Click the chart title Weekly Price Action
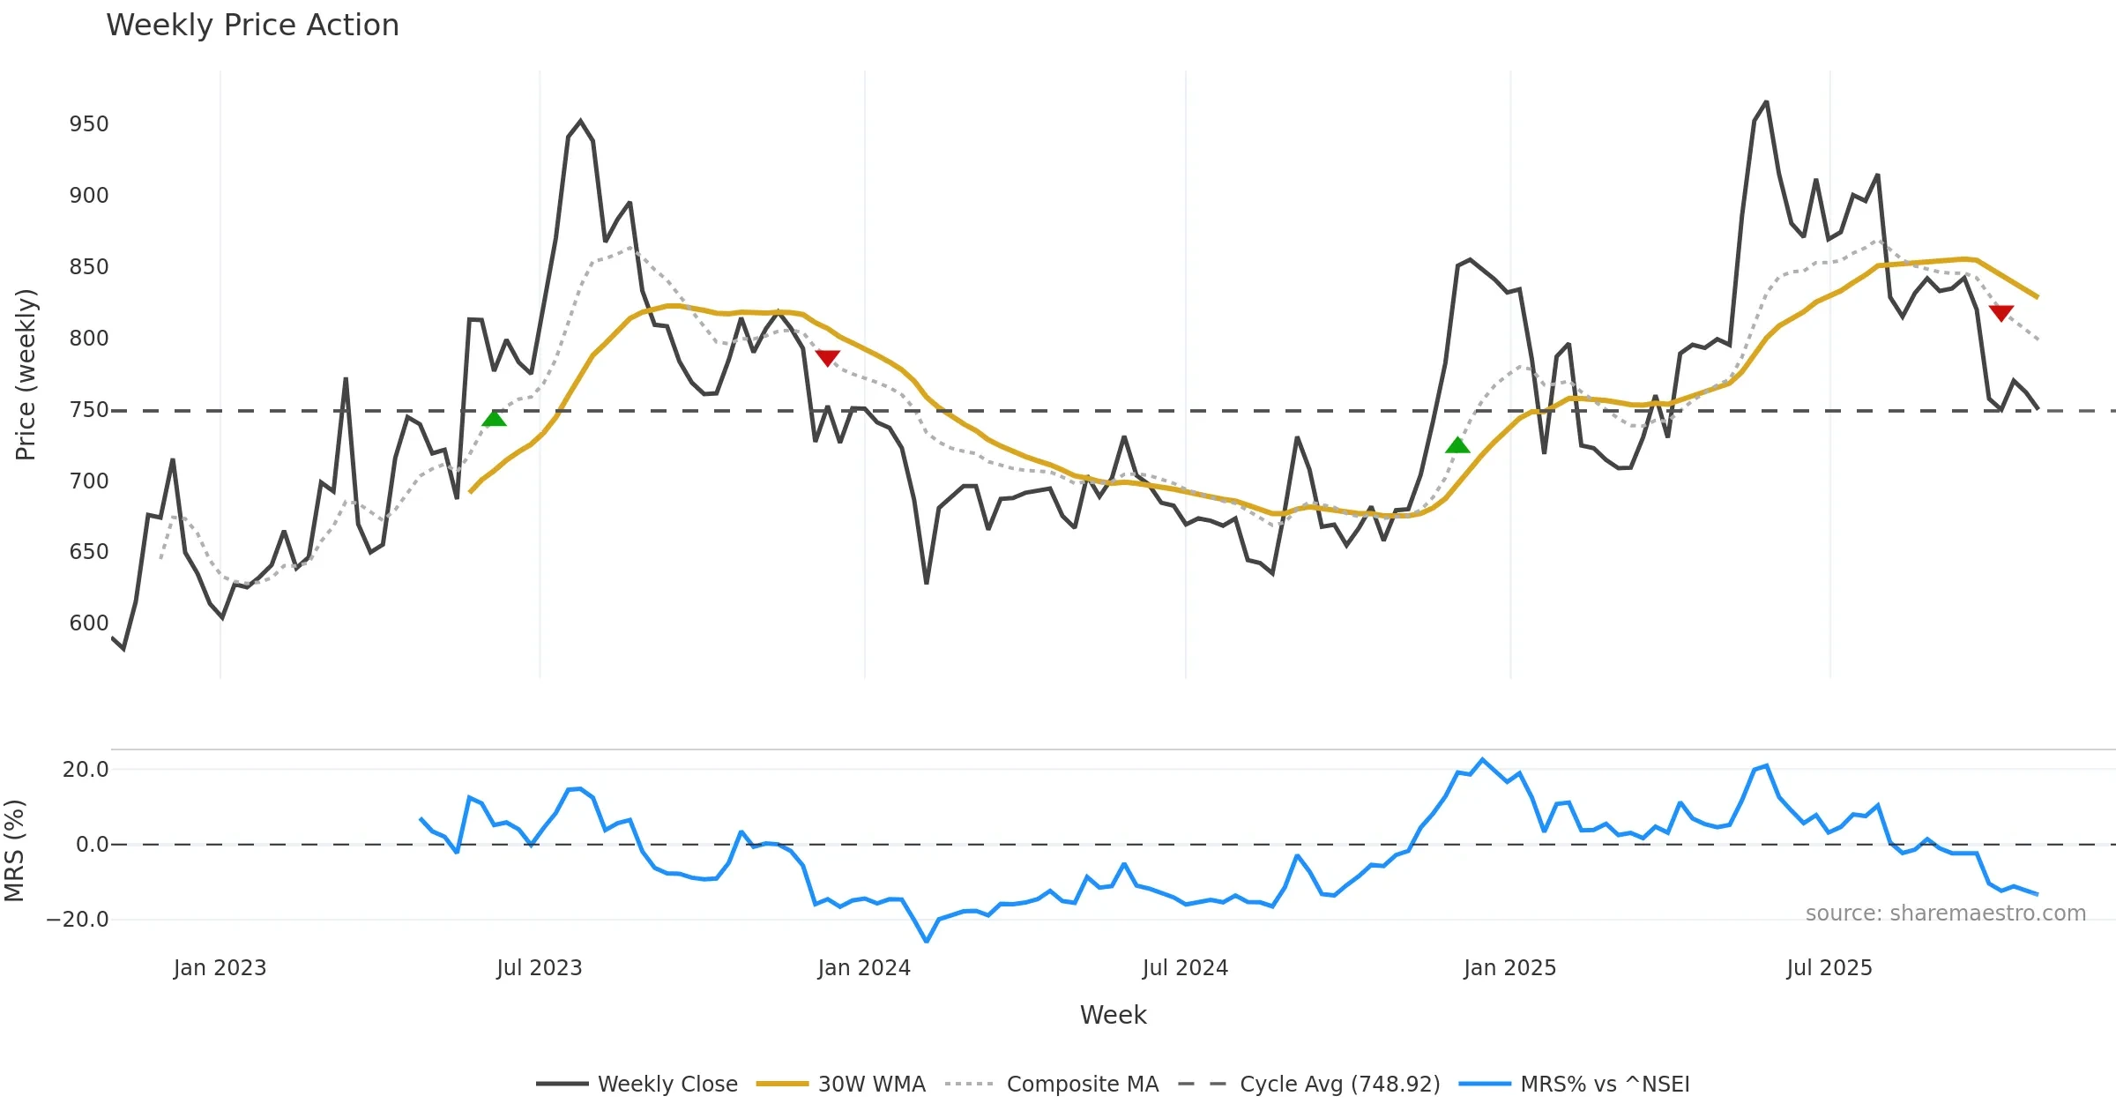pos(252,26)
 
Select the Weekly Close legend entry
pos(667,1084)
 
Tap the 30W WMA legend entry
pos(871,1084)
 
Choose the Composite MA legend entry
pos(1082,1084)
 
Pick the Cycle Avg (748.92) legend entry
pos(1339,1084)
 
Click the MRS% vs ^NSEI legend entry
pos(1605,1084)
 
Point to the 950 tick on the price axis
pos(89,124)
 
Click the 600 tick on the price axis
pos(89,623)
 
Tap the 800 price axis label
pos(89,339)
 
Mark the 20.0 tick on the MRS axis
pos(86,770)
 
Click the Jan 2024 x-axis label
pos(864,968)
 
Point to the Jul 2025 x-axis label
pos(1829,968)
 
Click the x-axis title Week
pos(1113,1016)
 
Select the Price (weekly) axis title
pos(26,375)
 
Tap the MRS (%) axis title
pos(14,851)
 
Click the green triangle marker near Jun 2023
pos(495,418)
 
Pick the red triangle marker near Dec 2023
pos(827,357)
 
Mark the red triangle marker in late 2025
pos(2001,313)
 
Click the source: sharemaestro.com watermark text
pos(1945,913)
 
